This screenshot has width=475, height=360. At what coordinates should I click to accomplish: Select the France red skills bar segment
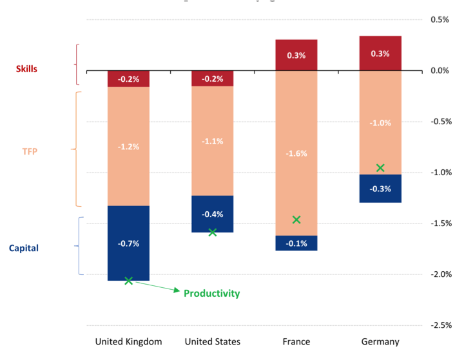(296, 55)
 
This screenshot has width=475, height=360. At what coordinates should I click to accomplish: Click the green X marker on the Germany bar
(380, 168)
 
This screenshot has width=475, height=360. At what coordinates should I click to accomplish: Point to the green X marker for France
(296, 220)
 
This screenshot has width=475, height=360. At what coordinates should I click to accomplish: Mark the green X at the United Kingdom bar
(128, 281)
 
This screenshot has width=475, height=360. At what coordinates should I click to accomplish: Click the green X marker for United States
(213, 232)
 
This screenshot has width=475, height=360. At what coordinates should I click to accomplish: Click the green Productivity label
(211, 294)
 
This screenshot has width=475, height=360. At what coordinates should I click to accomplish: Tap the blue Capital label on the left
(24, 248)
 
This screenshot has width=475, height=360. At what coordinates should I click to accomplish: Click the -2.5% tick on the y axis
(441, 325)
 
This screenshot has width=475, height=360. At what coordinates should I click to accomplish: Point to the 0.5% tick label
(440, 19)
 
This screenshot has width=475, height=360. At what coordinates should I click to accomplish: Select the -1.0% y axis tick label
(441, 172)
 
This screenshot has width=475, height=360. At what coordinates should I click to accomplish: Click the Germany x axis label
(380, 342)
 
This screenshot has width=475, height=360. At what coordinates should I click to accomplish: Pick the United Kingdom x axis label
(128, 342)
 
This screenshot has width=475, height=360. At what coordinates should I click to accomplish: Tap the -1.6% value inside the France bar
(296, 154)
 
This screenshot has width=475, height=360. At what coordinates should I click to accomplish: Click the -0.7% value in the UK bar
(128, 243)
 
